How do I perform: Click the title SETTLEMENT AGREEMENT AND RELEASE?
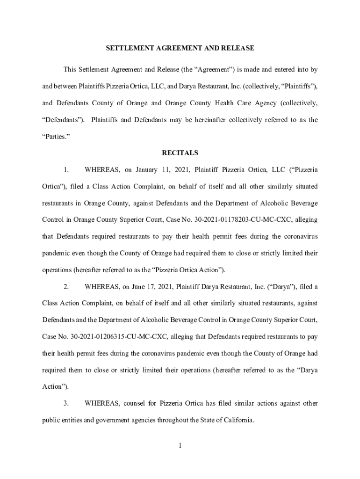pos(180,48)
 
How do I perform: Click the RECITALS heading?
pos(180,153)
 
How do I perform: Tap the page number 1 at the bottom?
pos(180,445)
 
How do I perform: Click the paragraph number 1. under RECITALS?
pos(66,170)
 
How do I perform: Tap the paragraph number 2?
pos(66,286)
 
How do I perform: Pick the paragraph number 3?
pos(66,403)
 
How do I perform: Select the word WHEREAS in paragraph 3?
pos(102,403)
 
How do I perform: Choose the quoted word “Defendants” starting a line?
pos(64,120)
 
